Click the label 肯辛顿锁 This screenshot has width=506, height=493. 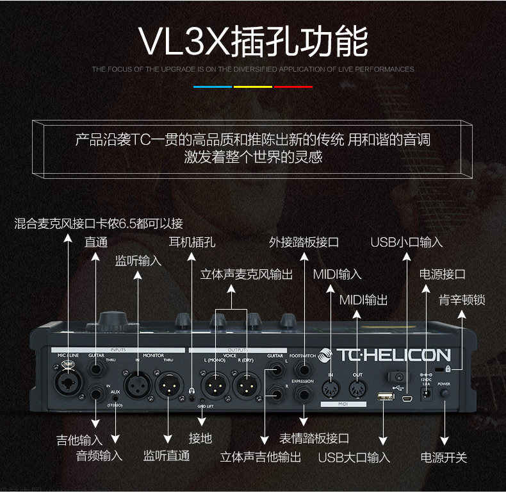click(x=461, y=299)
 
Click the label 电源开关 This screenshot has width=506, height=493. click(x=444, y=458)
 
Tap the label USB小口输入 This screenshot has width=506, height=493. click(x=407, y=242)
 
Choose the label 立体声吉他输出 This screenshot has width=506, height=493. click(x=261, y=457)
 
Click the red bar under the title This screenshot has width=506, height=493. click(x=293, y=87)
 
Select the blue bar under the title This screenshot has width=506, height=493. click(x=213, y=87)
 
